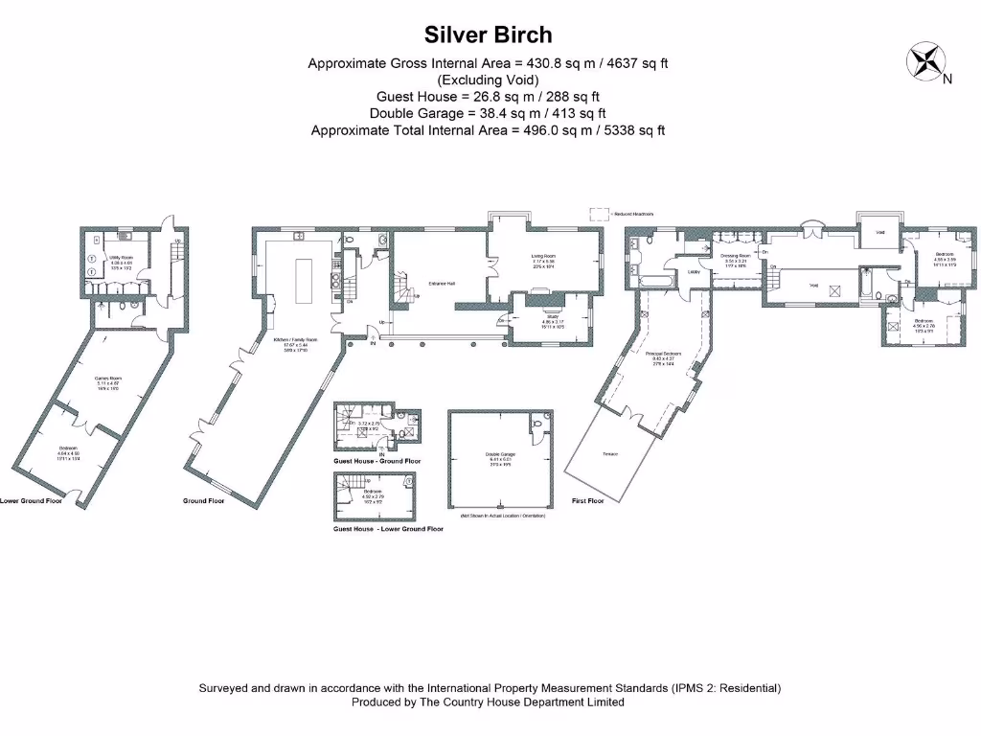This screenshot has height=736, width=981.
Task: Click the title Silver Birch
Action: coord(489,35)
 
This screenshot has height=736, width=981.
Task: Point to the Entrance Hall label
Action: coord(441,283)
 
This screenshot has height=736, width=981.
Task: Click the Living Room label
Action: coord(544,256)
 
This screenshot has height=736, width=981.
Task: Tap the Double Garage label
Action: coord(500,454)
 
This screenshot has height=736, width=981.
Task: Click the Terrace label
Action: coord(609,453)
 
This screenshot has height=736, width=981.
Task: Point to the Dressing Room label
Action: coord(735,256)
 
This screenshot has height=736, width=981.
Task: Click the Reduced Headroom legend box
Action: coord(600,214)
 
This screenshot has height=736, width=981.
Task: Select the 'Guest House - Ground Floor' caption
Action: coord(376,461)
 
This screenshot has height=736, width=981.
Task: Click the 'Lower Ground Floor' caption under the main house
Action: coord(31,500)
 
